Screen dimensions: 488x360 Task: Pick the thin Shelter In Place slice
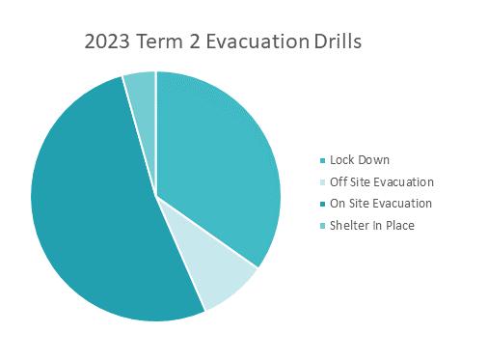(143, 106)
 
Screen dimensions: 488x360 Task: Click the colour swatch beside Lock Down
(323, 160)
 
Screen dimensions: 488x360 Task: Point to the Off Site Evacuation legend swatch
(323, 182)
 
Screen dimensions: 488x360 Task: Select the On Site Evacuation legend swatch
(323, 204)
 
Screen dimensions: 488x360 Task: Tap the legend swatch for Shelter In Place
(323, 226)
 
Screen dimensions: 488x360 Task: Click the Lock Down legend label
(360, 160)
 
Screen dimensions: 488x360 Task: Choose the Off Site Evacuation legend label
(382, 181)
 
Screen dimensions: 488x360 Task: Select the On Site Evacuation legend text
(381, 204)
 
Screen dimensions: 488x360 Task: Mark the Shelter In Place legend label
(372, 225)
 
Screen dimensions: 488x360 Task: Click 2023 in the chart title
(107, 42)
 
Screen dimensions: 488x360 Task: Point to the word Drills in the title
(338, 42)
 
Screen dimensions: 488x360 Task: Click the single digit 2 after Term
(195, 42)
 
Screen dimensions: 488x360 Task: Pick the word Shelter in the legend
(348, 225)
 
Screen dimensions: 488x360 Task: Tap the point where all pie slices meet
(156, 196)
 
